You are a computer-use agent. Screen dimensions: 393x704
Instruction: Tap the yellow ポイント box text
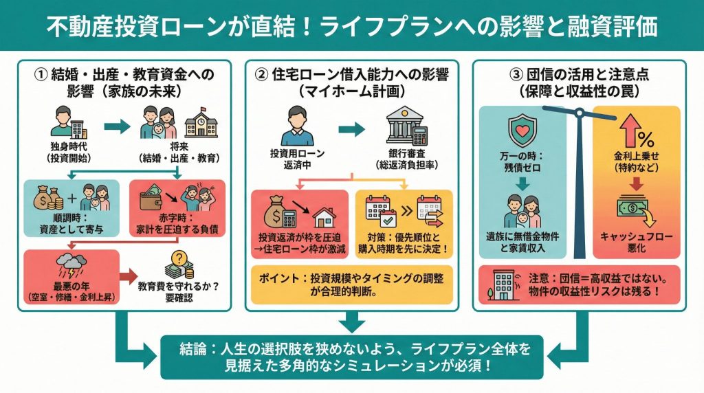352,283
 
